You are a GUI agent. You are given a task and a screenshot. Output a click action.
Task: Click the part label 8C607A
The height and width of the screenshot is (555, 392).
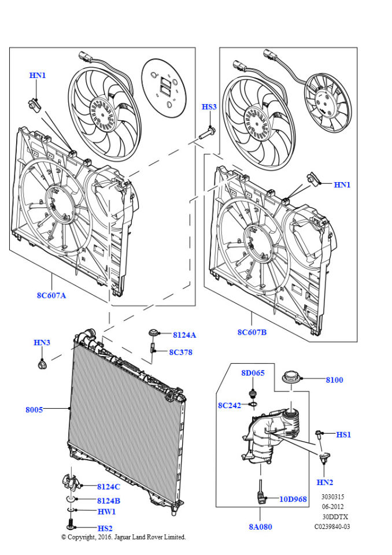click(x=51, y=295)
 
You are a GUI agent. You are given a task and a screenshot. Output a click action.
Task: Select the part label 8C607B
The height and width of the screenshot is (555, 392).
click(x=251, y=332)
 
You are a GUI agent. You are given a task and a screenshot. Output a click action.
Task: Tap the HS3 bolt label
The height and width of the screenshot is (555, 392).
click(x=209, y=107)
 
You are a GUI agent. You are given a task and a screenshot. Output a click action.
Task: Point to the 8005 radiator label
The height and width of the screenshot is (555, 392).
click(x=34, y=410)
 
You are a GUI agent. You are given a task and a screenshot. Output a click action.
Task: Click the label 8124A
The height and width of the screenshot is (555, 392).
click(x=184, y=335)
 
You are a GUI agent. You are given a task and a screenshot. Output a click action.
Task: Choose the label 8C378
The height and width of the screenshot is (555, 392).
click(x=180, y=352)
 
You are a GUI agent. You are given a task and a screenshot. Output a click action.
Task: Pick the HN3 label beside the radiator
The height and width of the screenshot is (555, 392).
click(x=42, y=343)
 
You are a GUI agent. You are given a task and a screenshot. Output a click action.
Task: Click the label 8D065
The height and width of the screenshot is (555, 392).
click(x=253, y=373)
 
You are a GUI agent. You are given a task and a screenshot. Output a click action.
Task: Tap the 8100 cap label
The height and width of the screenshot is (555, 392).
click(x=334, y=380)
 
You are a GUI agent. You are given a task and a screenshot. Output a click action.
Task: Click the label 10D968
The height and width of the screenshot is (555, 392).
click(x=294, y=499)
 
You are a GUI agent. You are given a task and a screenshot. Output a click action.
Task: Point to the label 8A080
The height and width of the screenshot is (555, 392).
click(x=260, y=527)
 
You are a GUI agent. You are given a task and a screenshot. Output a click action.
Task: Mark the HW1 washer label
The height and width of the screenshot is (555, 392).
click(x=106, y=512)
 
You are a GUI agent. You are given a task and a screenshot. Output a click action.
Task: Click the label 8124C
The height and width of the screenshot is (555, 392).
click(x=109, y=487)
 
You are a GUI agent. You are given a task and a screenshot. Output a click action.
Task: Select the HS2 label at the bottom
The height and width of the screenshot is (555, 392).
click(x=105, y=528)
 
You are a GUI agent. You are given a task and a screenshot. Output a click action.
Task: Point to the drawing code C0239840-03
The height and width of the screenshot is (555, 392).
click(x=332, y=527)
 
